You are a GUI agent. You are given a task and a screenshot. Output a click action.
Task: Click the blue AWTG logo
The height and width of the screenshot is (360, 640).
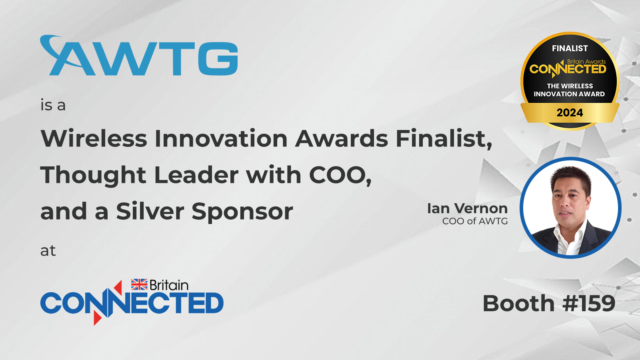139,56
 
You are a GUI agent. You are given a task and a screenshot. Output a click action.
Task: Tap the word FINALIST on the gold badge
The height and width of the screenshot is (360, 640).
570,48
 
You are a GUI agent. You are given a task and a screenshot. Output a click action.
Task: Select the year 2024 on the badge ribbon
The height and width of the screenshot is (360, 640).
570,112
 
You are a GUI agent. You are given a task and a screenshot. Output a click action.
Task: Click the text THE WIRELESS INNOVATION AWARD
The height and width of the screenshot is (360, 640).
570,90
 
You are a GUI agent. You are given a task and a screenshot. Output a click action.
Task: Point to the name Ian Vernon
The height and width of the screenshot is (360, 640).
468,208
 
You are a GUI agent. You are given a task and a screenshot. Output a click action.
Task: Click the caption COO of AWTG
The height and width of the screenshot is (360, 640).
475,221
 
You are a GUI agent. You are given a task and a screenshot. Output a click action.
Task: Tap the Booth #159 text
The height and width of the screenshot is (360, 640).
549,303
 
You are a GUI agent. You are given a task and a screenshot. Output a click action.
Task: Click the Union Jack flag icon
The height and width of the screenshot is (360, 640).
139,284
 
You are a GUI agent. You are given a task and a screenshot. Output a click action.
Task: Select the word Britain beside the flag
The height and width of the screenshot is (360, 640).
169,285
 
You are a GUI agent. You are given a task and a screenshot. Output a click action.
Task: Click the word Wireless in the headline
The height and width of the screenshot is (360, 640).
94,138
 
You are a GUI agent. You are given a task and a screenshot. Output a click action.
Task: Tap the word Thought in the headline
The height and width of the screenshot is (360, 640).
93,175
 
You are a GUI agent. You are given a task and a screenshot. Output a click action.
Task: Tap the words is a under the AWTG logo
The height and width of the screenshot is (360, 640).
53,105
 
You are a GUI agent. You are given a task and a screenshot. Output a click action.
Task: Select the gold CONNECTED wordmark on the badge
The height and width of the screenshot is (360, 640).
568,69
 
